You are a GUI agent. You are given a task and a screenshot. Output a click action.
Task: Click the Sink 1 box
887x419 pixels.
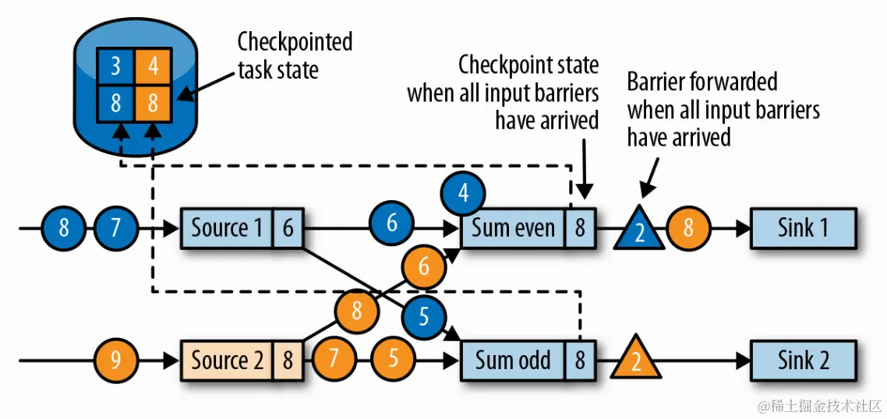click(x=803, y=228)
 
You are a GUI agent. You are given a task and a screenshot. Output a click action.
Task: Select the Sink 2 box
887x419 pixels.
click(x=803, y=361)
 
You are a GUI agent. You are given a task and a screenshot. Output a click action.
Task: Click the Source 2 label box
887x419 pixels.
click(x=227, y=361)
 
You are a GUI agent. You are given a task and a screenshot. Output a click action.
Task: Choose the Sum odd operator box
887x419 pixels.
click(x=513, y=361)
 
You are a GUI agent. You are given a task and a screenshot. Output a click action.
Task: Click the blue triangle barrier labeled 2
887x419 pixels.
click(x=639, y=231)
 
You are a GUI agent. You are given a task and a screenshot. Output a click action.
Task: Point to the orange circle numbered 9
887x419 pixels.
click(x=115, y=361)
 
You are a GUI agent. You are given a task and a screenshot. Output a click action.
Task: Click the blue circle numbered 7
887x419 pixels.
click(x=115, y=229)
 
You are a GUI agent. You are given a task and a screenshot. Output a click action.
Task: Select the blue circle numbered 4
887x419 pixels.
click(x=463, y=192)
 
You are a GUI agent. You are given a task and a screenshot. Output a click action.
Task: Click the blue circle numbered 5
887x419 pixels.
click(x=424, y=317)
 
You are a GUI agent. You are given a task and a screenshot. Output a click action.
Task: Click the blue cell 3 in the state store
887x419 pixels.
click(x=115, y=65)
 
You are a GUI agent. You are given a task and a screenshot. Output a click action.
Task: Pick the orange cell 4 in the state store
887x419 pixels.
click(x=154, y=65)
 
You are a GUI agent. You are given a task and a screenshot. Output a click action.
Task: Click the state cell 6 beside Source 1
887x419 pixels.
click(x=288, y=228)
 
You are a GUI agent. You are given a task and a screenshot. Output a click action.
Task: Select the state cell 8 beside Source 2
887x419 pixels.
click(x=288, y=361)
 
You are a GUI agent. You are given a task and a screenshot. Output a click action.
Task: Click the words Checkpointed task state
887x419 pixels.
click(x=295, y=55)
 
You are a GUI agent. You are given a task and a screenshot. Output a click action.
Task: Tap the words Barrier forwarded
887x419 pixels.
click(x=701, y=81)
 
